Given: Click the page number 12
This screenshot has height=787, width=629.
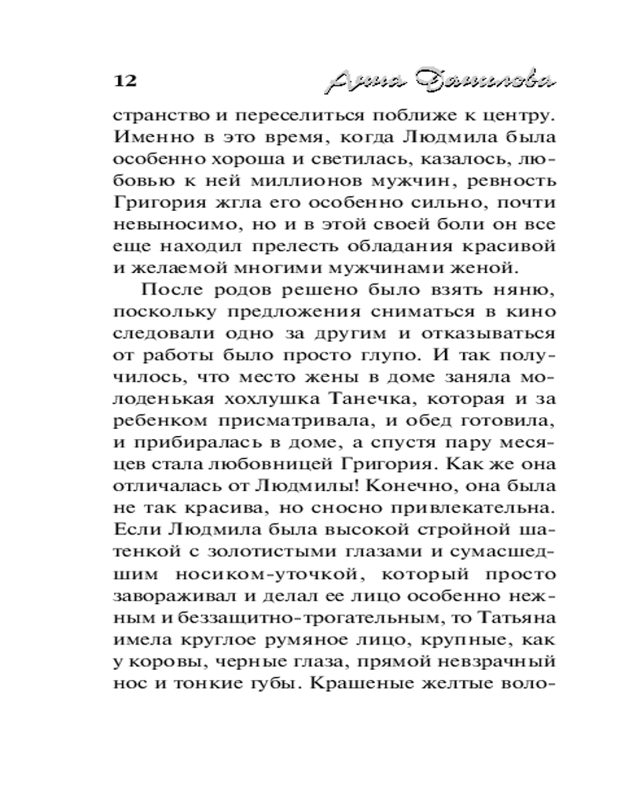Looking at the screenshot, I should pyautogui.click(x=126, y=81).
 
